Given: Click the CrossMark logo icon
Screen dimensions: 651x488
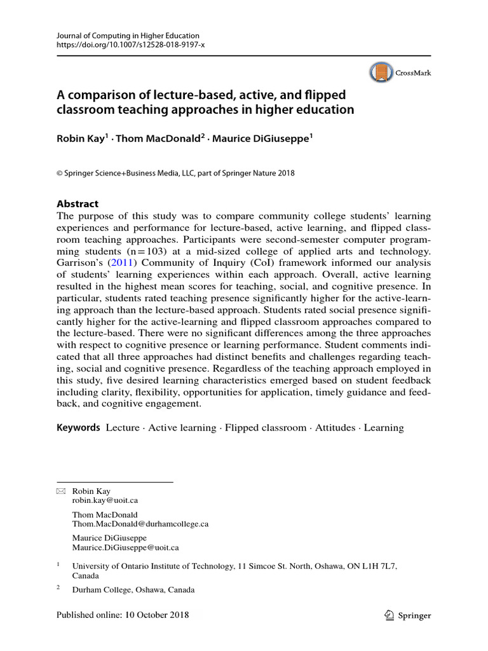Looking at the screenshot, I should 381,73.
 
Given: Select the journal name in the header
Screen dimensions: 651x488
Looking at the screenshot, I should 128,36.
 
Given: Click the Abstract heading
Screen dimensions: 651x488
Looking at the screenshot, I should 78,204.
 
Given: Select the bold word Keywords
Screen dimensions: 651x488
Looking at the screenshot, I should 78,428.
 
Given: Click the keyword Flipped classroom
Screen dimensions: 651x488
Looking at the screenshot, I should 265,428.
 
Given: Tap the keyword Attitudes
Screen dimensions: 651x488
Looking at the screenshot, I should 335,428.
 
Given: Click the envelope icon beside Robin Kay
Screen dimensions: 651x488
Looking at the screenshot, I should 61,491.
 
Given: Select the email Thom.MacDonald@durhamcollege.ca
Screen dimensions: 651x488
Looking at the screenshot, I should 140,524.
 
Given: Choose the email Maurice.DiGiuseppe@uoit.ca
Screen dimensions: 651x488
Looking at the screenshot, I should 125,547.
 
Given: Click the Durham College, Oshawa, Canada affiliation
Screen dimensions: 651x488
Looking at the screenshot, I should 133,590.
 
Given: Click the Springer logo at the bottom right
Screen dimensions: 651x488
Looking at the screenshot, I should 408,615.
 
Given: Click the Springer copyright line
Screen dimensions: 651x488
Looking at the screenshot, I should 175,173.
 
